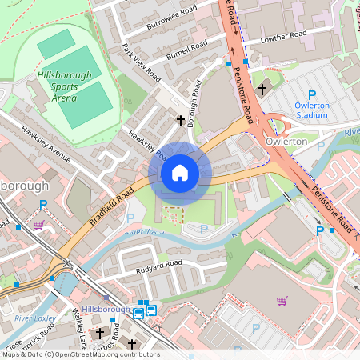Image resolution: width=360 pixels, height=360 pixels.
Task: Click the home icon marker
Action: pyautogui.click(x=180, y=173)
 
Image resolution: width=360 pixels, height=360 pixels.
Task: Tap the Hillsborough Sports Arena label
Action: pyautogui.click(x=65, y=86)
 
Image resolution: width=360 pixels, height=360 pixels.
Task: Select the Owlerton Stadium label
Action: pyautogui.click(x=300, y=110)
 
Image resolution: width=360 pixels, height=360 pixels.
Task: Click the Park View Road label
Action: pyautogui.click(x=140, y=61)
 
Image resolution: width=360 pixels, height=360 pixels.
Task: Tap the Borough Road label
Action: pyautogui.click(x=193, y=100)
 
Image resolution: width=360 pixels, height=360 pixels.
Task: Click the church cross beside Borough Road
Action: pyautogui.click(x=181, y=121)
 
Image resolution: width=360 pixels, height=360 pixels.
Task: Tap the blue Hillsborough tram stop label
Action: pyautogui.click(x=106, y=309)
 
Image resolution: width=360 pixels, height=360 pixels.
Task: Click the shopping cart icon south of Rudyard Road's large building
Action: pyautogui.click(x=282, y=301)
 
